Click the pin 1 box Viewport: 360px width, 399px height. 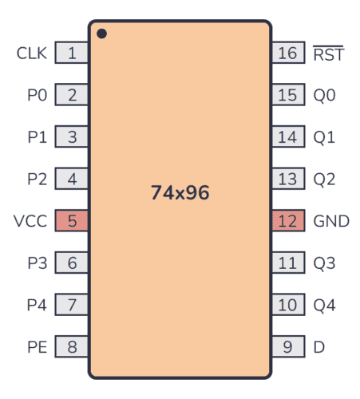pos(72,53)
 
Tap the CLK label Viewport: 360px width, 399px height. pos(32,53)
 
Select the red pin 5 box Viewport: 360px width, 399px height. pos(72,221)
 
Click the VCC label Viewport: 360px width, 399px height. pos(30,221)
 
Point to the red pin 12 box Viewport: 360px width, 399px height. pos(287,221)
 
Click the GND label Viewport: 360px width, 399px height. pos(331,221)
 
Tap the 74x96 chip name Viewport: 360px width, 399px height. pos(180,192)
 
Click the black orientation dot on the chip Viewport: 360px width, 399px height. pos(102,34)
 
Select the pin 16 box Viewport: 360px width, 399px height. pos(287,53)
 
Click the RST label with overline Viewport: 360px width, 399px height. pos(327,53)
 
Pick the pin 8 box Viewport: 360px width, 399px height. pos(72,347)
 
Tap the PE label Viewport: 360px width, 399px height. pos(37,347)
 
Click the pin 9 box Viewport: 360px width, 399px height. pos(287,347)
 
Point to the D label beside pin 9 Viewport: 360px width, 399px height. pos(319,347)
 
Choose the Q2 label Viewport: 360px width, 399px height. pos(324,179)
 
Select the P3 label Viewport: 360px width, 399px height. pos(37,263)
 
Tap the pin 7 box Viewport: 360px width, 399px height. pos(72,305)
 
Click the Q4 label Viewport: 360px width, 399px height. pos(324,305)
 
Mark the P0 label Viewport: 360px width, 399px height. pos(37,95)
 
